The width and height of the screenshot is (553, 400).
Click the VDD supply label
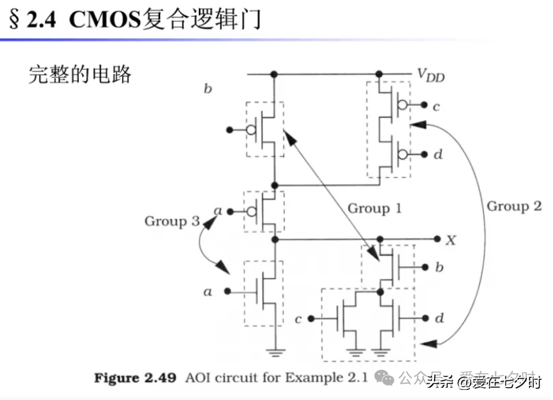(x=430, y=76)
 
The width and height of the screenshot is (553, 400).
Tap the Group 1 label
(x=374, y=208)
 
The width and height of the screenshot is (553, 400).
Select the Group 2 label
(x=513, y=206)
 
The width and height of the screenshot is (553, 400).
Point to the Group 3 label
(x=171, y=220)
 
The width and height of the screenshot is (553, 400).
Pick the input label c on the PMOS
(x=436, y=106)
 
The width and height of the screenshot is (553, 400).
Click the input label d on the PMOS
(x=438, y=155)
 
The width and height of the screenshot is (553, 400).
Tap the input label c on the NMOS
(x=298, y=319)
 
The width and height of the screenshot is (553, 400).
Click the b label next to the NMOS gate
(x=439, y=268)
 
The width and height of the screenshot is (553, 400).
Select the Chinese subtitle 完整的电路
(x=80, y=74)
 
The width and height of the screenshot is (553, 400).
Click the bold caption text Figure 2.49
(x=135, y=379)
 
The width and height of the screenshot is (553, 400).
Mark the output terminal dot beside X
(x=437, y=239)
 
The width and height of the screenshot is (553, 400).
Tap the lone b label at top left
(x=208, y=88)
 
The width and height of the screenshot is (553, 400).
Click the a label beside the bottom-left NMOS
(x=208, y=291)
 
